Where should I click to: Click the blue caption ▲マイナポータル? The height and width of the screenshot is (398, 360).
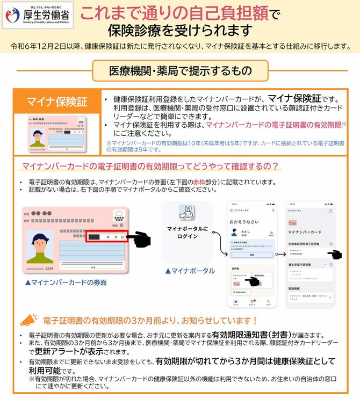click(x=190, y=271)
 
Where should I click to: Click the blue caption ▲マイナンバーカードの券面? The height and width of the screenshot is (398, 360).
click(x=66, y=282)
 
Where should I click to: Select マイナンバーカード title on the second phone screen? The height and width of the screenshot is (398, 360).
click(x=305, y=232)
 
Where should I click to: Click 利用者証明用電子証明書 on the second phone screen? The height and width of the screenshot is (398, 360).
click(x=304, y=244)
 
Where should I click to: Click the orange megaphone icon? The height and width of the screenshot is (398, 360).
click(x=27, y=320)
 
